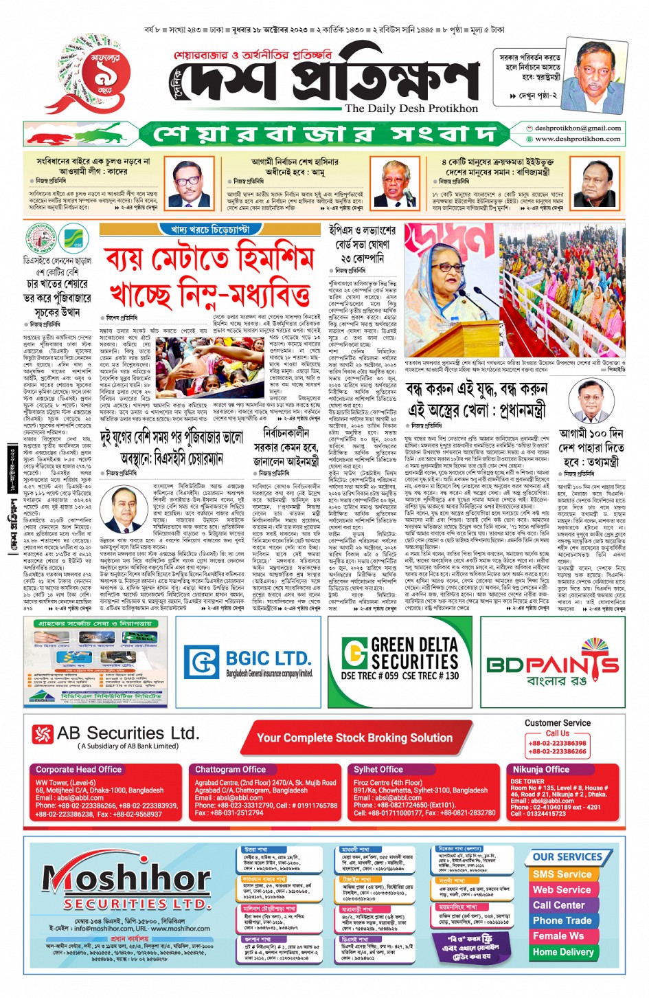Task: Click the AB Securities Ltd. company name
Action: (x=128, y=733)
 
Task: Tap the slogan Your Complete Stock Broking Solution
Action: (x=354, y=738)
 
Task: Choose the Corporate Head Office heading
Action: (x=78, y=769)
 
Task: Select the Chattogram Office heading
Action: (x=230, y=769)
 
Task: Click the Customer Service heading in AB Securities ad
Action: (x=557, y=723)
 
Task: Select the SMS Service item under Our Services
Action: (x=562, y=874)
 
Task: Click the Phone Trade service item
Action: (x=562, y=920)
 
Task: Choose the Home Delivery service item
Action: (x=562, y=952)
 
